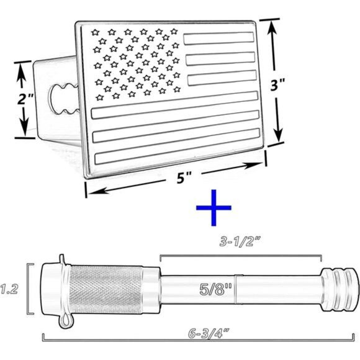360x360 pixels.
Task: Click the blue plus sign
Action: click(x=214, y=208)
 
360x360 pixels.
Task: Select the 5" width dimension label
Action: click(x=183, y=178)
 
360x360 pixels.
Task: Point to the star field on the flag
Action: click(x=135, y=62)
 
